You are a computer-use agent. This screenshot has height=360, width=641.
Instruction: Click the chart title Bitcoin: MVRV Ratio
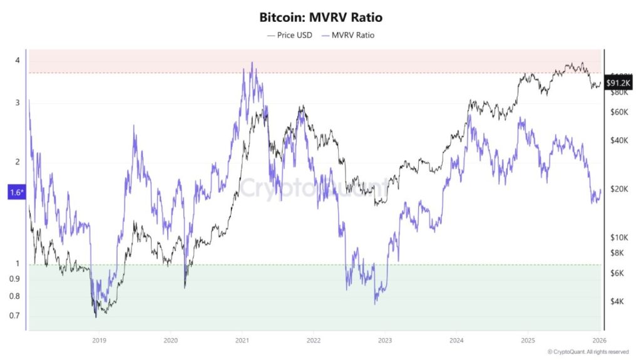click(x=320, y=19)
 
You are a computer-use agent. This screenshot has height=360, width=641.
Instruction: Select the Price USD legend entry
click(x=289, y=35)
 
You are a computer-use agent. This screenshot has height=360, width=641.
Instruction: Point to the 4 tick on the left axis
click(x=18, y=60)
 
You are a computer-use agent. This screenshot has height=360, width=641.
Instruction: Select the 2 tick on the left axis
click(x=18, y=162)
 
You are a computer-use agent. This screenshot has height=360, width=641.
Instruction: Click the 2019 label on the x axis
click(x=99, y=340)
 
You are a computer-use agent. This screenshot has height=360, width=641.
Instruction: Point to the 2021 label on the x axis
click(x=242, y=340)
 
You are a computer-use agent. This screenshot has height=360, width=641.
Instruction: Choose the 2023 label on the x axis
click(x=385, y=340)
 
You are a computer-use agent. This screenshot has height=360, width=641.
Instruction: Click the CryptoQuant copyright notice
click(x=588, y=352)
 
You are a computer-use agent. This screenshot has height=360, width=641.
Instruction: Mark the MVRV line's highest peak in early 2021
click(x=252, y=63)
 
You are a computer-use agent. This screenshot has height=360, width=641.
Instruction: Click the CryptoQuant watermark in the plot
click(x=313, y=186)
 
